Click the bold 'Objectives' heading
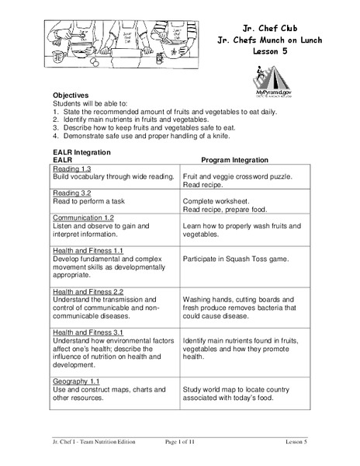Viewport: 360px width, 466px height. click(x=71, y=94)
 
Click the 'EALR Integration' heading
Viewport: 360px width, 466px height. click(x=81, y=151)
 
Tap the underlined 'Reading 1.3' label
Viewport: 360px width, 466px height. click(x=72, y=169)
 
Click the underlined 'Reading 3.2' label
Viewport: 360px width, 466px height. click(x=72, y=193)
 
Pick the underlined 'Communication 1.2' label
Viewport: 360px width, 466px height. click(x=84, y=218)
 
